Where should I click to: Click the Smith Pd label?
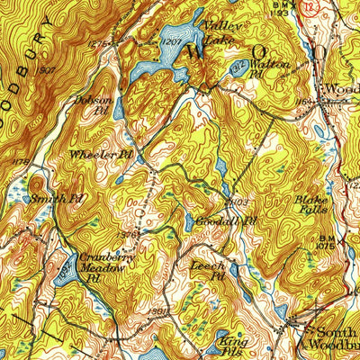coord(57,197)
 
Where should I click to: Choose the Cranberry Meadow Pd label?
coord(98,265)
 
